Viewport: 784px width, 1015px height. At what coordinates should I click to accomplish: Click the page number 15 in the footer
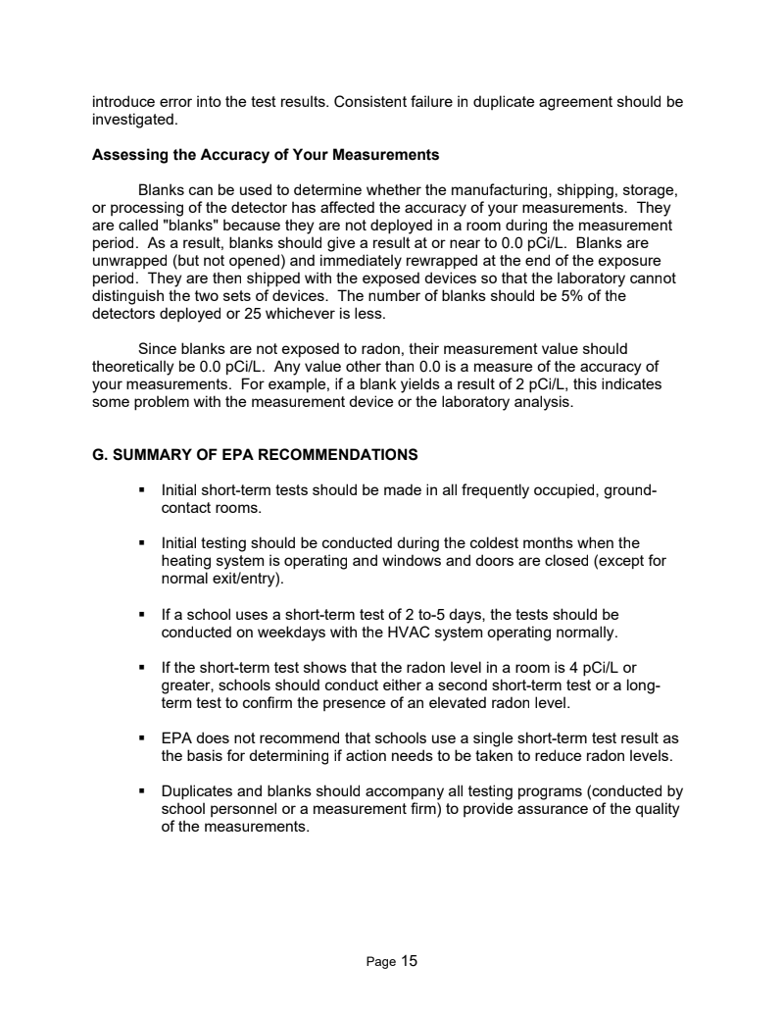pos(409,961)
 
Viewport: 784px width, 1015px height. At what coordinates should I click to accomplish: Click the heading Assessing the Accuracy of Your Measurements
pos(266,155)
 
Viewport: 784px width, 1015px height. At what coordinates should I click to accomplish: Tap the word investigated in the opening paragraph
pos(134,120)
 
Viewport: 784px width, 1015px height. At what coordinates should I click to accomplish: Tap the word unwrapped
pos(128,260)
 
